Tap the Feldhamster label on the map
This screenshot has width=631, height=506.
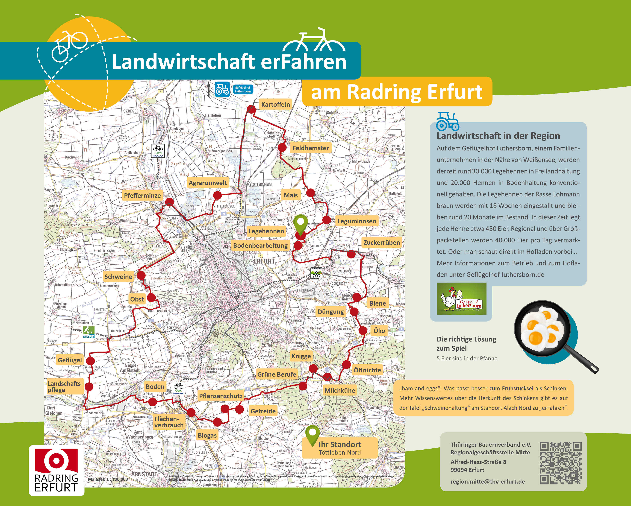[311, 148]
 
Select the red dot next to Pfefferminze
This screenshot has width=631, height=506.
[169, 202]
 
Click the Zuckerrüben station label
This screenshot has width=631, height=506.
[381, 242]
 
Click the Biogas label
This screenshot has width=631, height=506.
[207, 435]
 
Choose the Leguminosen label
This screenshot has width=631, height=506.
[357, 221]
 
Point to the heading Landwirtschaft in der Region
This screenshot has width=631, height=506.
[498, 136]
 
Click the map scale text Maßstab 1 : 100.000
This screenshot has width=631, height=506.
[108, 479]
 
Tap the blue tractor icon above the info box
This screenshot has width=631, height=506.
[447, 121]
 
